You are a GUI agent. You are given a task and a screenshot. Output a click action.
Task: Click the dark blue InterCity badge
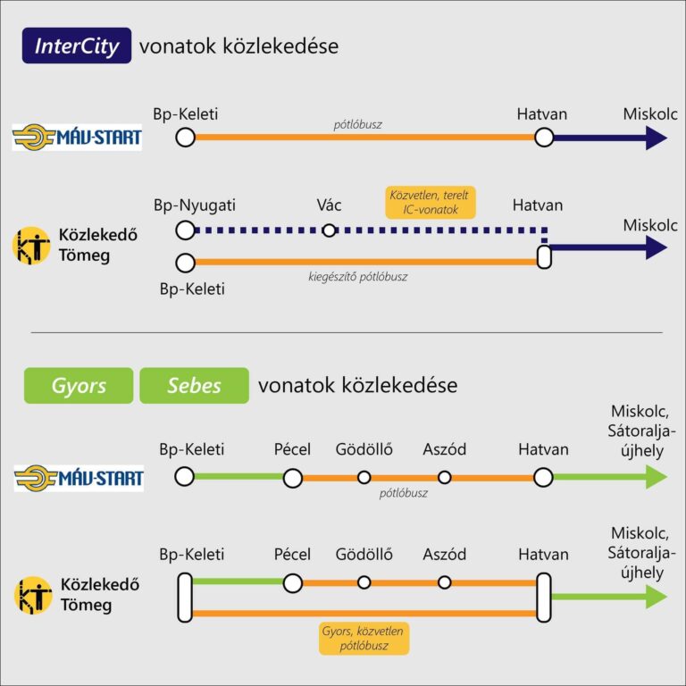click(77, 46)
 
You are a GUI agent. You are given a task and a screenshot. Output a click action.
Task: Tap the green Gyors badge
click(78, 386)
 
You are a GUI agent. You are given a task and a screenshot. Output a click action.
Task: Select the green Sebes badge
click(194, 386)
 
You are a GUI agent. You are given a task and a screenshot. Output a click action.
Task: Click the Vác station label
click(329, 205)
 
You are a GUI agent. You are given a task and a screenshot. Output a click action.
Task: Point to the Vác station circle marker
click(329, 230)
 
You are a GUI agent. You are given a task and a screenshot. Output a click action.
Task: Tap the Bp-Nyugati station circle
click(185, 230)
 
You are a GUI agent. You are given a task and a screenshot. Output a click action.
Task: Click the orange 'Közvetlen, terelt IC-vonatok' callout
click(431, 203)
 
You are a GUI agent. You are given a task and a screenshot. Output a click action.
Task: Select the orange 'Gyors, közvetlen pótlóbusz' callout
click(362, 639)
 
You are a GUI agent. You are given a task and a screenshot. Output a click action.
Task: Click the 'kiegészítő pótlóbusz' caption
click(357, 277)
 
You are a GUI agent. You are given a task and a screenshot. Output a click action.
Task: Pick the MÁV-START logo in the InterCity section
click(77, 138)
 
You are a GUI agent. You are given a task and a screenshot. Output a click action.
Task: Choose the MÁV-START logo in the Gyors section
click(79, 478)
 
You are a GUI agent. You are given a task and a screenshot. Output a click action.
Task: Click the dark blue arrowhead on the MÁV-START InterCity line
click(657, 138)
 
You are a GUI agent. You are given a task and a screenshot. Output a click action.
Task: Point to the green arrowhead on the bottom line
click(657, 597)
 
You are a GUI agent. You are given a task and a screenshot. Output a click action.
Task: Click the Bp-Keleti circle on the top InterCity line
click(185, 138)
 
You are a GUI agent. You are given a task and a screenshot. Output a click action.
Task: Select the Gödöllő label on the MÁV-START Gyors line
click(364, 449)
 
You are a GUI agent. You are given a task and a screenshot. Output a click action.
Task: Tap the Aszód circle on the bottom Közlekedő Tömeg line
click(444, 582)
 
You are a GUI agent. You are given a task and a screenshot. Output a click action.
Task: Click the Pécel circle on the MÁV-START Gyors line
click(292, 478)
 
